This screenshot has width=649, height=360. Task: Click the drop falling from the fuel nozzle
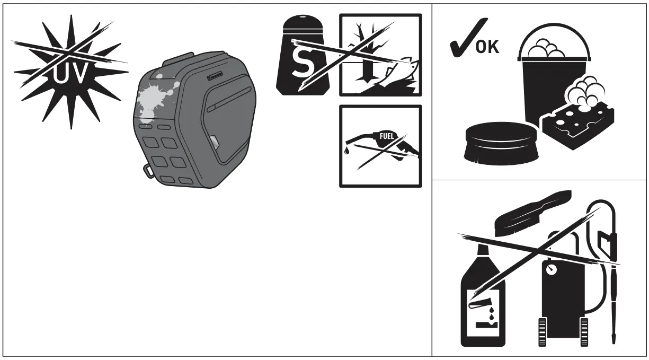(346, 152)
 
